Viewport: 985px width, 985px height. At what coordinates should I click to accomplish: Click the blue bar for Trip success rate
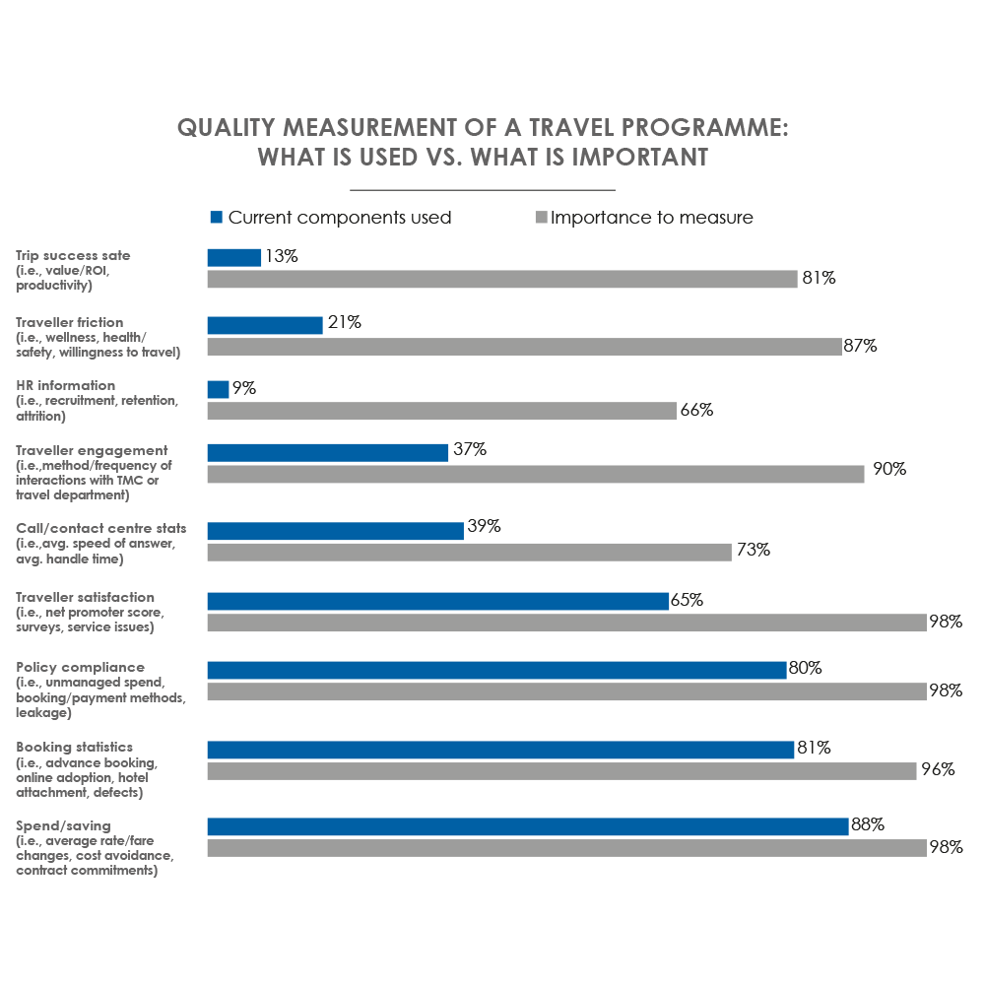tap(233, 257)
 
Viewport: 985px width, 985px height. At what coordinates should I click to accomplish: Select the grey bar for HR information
tap(441, 411)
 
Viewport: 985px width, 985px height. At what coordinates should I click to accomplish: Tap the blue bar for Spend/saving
tap(527, 826)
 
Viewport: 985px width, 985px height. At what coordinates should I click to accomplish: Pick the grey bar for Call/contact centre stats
tap(469, 552)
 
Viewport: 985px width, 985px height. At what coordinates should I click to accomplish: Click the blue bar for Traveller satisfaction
tap(437, 601)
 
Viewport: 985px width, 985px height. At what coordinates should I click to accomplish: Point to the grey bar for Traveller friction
tap(524, 347)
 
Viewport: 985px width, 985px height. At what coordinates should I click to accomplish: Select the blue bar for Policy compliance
tap(496, 670)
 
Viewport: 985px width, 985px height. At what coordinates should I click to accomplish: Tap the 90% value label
tap(889, 469)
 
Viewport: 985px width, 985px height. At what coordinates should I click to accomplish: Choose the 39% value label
tap(483, 527)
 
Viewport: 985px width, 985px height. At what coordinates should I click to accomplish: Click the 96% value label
tap(938, 770)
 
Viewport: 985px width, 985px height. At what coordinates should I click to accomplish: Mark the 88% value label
tap(867, 825)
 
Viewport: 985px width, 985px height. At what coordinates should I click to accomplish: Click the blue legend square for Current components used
tap(217, 218)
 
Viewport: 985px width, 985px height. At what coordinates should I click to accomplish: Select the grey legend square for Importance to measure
tap(540, 218)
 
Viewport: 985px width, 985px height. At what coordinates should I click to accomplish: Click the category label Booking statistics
tap(74, 747)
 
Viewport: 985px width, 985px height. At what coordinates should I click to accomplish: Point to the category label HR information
tap(65, 385)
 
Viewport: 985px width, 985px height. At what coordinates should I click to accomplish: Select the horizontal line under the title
tap(483, 189)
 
